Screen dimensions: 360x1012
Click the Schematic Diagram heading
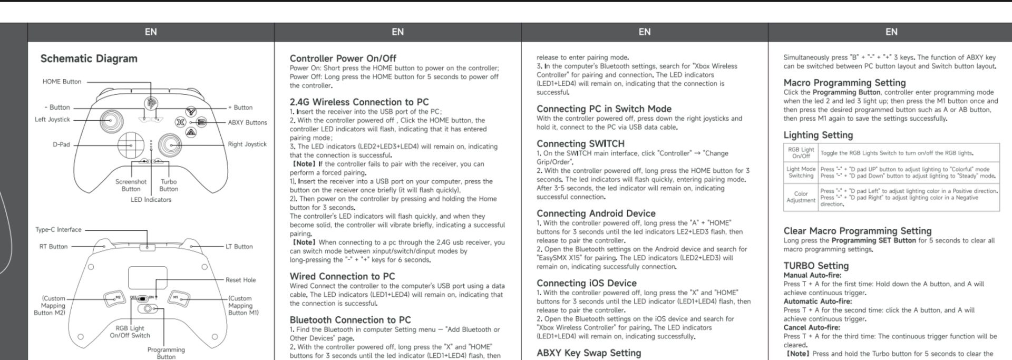[89, 59]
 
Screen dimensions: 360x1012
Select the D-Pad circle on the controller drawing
[130, 144]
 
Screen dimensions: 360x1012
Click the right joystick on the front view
[170, 144]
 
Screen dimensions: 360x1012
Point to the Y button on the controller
[191, 112]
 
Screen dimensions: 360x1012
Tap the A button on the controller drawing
[191, 132]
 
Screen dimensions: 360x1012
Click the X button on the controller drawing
[180, 122]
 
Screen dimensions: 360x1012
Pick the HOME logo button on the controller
[151, 103]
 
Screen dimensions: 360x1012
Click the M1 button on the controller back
[178, 298]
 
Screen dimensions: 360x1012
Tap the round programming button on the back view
[147, 308]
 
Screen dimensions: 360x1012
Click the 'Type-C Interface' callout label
[58, 230]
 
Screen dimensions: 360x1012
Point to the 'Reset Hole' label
[240, 280]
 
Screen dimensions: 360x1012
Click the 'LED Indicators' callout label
[151, 200]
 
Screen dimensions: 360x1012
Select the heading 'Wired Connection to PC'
[342, 276]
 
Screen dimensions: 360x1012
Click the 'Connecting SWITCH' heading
[580, 144]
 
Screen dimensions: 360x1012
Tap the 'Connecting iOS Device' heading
[586, 283]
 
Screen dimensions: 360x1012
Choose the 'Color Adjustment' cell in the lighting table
[801, 197]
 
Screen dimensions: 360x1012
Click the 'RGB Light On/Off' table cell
[801, 153]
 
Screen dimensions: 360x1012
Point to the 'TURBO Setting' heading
[816, 266]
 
